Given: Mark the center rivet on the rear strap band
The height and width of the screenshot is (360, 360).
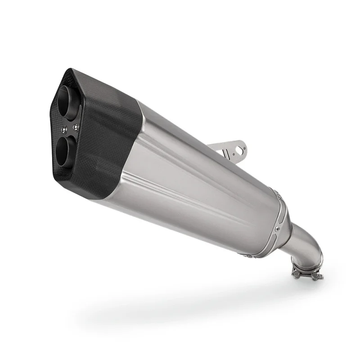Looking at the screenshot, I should pyautogui.click(x=278, y=229).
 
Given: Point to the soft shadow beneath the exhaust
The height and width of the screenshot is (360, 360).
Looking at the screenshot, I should pyautogui.click(x=180, y=306).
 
